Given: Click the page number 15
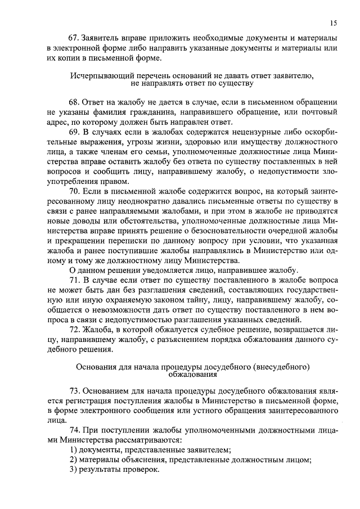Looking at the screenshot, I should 334,22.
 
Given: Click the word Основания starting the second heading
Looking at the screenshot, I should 93,366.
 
